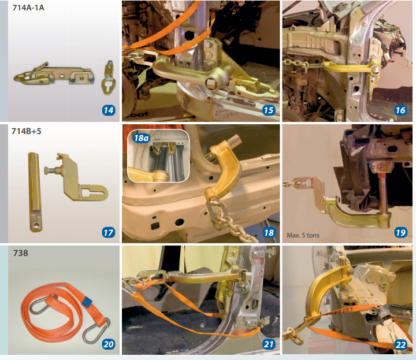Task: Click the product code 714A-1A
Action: point(28,8)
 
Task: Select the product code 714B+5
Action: point(27,131)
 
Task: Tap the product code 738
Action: point(20,253)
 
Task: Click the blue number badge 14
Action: point(109,110)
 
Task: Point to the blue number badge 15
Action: point(269,110)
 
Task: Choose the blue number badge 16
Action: point(400,110)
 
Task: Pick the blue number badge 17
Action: point(109,233)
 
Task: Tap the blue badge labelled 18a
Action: point(142,138)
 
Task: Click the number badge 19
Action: point(400,233)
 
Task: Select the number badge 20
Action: point(109,344)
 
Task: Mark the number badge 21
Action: point(269,344)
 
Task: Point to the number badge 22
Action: point(400,344)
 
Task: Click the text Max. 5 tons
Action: point(303,235)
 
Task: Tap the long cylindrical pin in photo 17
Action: point(34,192)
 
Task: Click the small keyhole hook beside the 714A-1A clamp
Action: point(107,78)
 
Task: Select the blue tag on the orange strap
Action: point(87,302)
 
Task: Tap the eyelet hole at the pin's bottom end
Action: point(35,226)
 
